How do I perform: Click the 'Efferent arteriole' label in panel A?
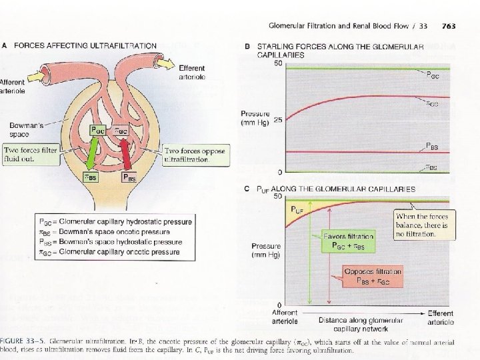pyautogui.click(x=192, y=73)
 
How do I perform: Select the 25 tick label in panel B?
pyautogui.click(x=278, y=119)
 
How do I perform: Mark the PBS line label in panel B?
pyautogui.click(x=432, y=145)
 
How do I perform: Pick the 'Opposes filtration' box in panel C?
pyautogui.click(x=372, y=277)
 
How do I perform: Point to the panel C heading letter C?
pyautogui.click(x=247, y=189)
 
